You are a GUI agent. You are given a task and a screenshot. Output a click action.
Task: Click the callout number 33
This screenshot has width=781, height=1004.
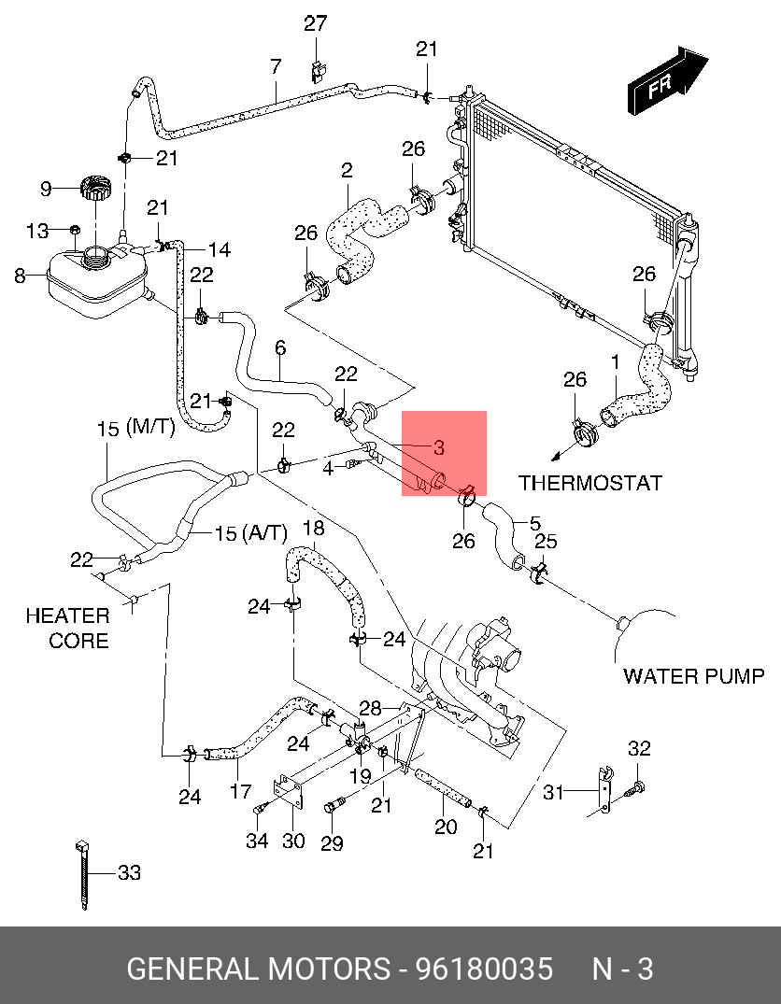(x=129, y=873)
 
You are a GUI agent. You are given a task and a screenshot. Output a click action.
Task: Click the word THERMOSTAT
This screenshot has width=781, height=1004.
(x=590, y=483)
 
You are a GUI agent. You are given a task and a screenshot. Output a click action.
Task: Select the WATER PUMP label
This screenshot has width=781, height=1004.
(x=693, y=676)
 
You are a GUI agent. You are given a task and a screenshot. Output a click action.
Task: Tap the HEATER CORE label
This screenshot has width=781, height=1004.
(x=67, y=628)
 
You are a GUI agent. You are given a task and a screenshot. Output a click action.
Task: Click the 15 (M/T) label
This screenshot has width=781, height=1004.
(x=135, y=428)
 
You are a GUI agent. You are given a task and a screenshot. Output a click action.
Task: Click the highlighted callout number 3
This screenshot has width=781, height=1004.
(x=438, y=448)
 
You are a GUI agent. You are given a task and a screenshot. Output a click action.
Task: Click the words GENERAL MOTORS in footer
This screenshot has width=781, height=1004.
(x=258, y=969)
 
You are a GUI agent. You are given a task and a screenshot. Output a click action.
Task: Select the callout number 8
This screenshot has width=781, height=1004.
(x=21, y=276)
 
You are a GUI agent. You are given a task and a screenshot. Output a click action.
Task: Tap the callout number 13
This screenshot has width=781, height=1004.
(x=36, y=231)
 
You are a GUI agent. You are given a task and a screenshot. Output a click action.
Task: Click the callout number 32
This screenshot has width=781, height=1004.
(x=638, y=748)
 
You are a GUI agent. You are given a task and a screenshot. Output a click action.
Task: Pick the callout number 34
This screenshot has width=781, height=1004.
(x=257, y=841)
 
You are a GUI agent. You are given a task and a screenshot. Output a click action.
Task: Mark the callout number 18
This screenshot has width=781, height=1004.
(x=313, y=528)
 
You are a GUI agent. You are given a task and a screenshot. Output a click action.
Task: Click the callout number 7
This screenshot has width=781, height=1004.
(x=276, y=67)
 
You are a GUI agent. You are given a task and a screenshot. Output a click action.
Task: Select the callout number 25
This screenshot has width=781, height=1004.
(x=545, y=542)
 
